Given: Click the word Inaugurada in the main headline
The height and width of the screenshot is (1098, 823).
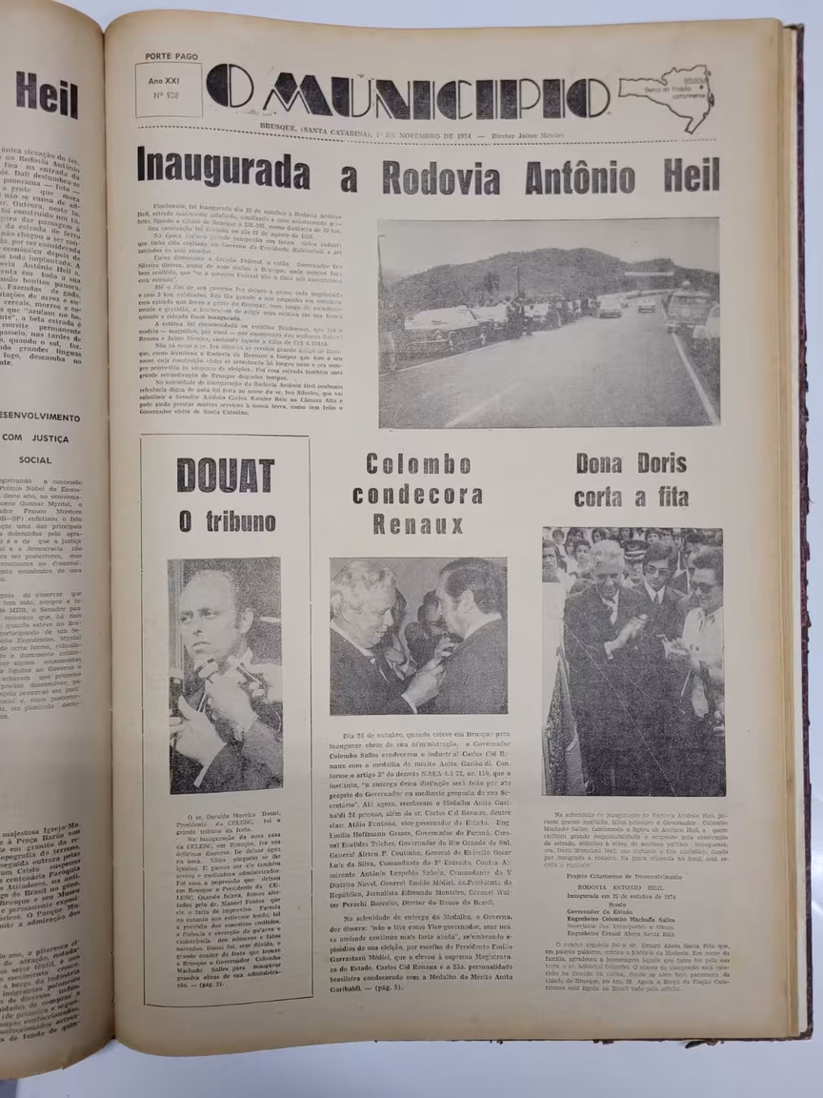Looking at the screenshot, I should click(224, 170).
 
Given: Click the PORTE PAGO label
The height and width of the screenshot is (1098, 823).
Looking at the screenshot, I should click(171, 56).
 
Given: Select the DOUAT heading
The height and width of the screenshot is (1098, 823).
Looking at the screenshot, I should click(226, 476).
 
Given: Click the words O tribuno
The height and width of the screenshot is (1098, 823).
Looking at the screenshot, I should click(227, 521).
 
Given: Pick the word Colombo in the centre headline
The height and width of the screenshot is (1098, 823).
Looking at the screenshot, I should click(418, 465).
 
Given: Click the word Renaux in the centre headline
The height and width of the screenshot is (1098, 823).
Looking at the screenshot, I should click(418, 524).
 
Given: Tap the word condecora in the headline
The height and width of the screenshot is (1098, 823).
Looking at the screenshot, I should click(417, 495).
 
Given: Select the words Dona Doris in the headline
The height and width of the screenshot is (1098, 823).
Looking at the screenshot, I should click(625, 464).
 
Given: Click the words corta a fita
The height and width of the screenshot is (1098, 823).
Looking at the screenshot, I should click(625, 497).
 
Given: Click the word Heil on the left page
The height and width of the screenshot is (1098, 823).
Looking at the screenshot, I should click(46, 95).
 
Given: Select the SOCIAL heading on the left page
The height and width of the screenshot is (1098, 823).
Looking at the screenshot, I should click(34, 458).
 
